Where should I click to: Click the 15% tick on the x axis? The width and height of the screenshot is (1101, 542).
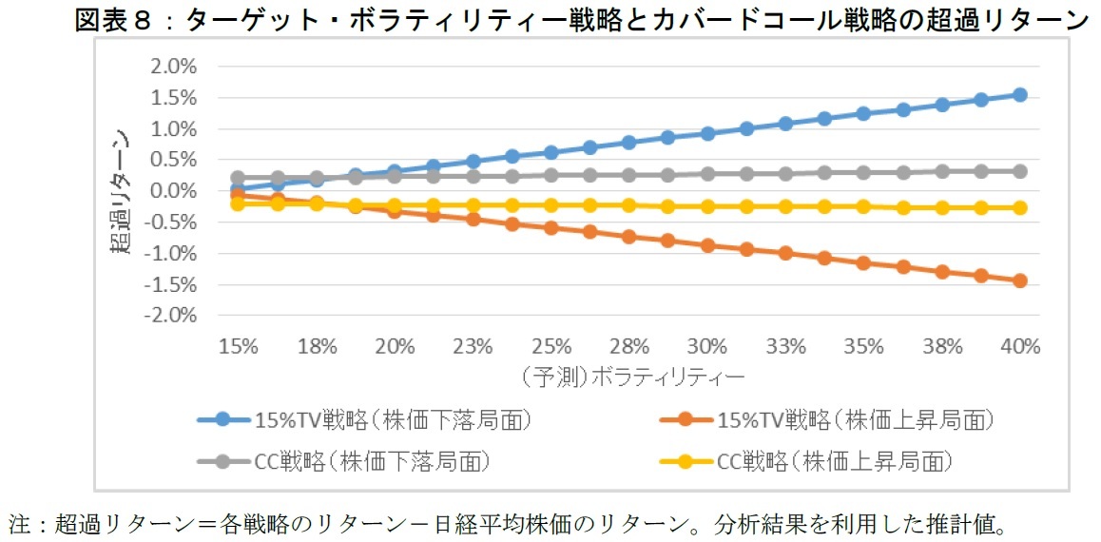[x=238, y=346]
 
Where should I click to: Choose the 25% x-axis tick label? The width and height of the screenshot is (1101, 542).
[x=551, y=346]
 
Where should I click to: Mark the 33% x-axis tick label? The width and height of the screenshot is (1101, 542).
[x=785, y=346]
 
